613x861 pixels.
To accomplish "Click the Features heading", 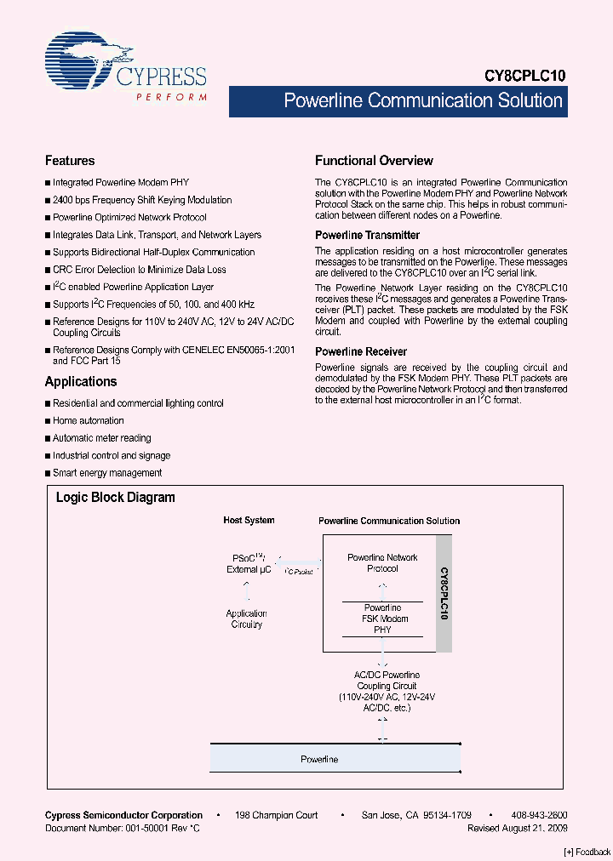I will click(70, 161).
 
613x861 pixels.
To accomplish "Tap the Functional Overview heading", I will click(374, 161).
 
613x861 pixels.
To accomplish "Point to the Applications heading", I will click(81, 382).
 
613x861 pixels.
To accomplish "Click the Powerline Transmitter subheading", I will click(367, 235).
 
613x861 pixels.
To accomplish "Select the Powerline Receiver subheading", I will click(361, 351).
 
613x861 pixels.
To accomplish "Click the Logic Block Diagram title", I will click(116, 498).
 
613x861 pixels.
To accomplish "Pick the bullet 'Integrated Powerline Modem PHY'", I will click(120, 182).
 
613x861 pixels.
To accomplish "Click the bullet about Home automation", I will click(88, 420).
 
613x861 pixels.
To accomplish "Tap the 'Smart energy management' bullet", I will click(106, 473).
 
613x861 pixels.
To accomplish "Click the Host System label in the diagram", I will click(249, 520).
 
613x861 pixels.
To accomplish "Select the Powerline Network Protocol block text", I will click(382, 563).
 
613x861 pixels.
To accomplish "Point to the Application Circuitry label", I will click(246, 619).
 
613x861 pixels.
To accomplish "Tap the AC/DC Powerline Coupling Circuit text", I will click(387, 686).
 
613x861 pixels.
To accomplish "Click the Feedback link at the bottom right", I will click(587, 852).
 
